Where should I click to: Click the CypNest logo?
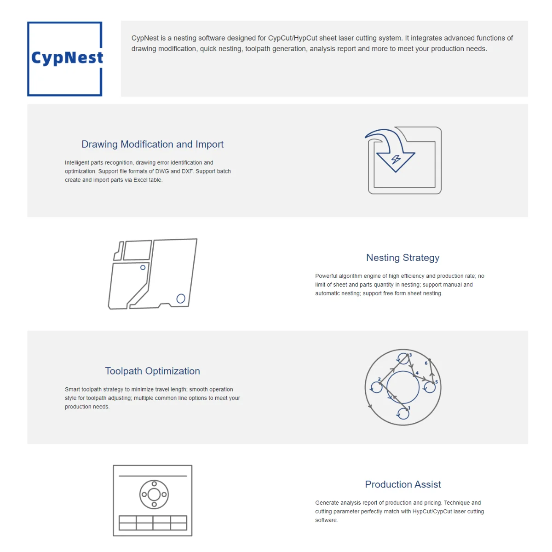[65, 58]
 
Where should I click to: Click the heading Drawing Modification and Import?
[152, 144]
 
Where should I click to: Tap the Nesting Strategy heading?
[402, 258]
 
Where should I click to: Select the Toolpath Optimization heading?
[152, 371]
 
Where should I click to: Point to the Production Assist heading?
[402, 484]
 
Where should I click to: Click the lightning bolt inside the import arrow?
[396, 159]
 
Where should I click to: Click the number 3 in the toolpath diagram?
[410, 355]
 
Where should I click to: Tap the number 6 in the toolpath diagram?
[426, 363]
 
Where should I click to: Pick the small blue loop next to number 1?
[403, 414]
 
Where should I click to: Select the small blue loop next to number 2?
[377, 387]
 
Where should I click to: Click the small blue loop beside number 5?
[430, 387]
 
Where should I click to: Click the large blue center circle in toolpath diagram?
[403, 387]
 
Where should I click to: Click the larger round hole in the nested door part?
[181, 299]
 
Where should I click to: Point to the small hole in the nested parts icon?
[143, 267]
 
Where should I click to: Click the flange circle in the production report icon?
[154, 495]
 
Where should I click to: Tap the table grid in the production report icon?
[153, 523]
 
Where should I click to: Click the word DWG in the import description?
[162, 171]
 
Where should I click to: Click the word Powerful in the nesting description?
[326, 276]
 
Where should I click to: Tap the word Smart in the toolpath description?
[72, 389]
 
